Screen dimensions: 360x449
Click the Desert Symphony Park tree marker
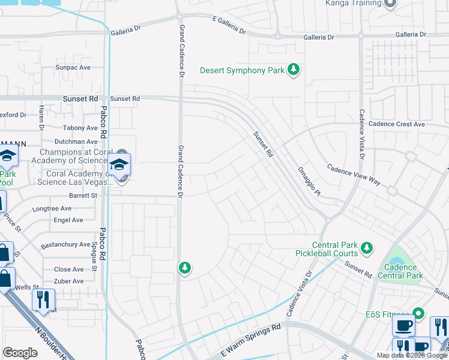pos(294,71)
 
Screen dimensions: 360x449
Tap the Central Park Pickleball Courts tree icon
pos(366,247)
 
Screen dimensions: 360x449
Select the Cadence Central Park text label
pos(400,271)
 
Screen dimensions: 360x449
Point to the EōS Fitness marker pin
pos(419,314)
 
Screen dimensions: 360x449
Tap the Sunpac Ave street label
pos(73,68)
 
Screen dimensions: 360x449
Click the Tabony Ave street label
pos(80,128)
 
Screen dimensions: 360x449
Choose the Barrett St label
pos(83,195)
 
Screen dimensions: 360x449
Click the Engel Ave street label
pos(68,220)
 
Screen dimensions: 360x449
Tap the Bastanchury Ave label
pos(65,245)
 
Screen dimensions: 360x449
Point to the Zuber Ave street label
pos(68,280)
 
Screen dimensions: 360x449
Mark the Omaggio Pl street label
pos(310,181)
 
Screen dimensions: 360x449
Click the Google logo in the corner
pos(20,353)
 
